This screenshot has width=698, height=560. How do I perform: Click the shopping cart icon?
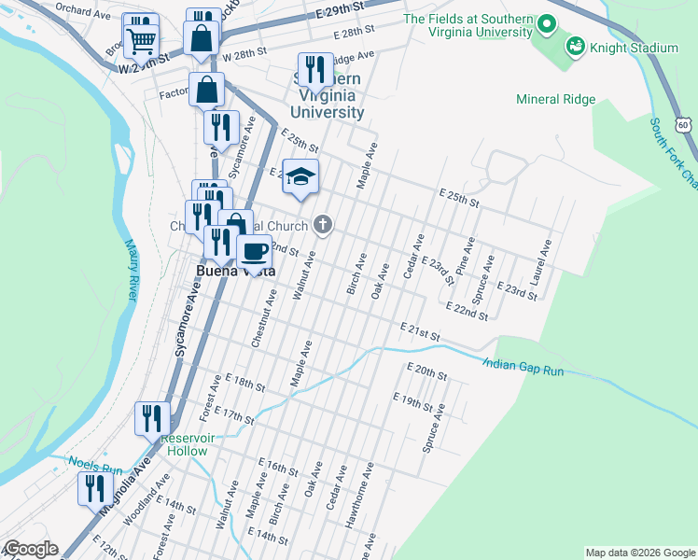point(141,39)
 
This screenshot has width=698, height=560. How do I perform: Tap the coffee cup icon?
point(254,249)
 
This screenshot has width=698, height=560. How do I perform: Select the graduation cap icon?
point(300,175)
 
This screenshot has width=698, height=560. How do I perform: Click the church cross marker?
point(323,225)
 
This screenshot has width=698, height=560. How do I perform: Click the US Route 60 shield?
point(684,124)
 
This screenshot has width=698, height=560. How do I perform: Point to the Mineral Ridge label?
point(555,99)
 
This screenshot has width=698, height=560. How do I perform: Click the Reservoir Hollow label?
point(187,444)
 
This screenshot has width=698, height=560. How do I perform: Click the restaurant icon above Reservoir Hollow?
point(152,418)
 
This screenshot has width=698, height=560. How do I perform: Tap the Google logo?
point(30,550)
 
